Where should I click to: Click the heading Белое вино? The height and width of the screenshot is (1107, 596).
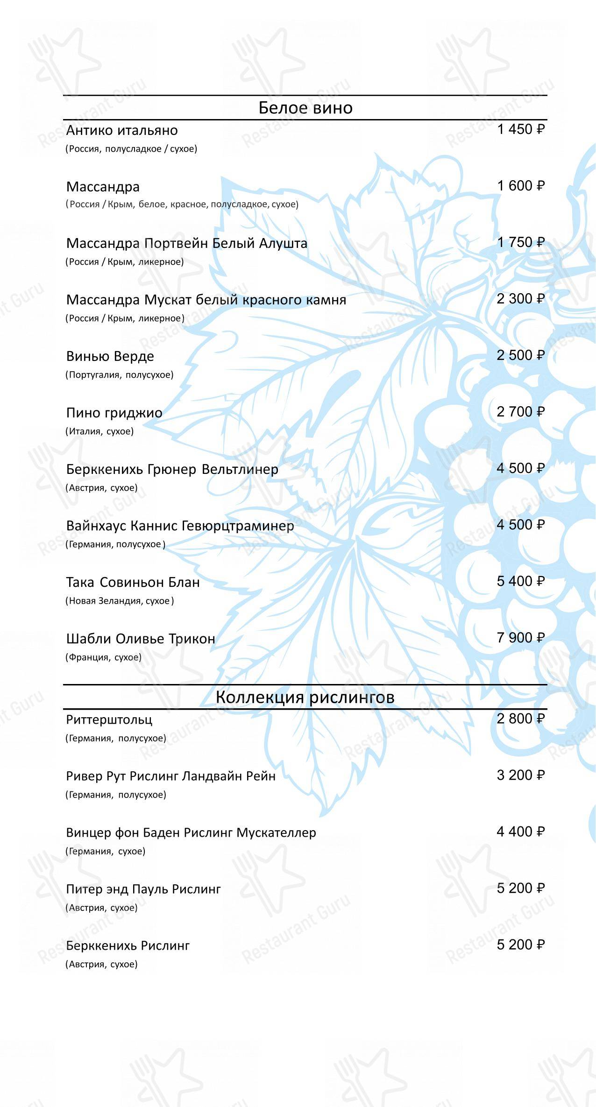pyautogui.click(x=305, y=108)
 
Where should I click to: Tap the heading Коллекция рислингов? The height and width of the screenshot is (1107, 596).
pyautogui.click(x=305, y=697)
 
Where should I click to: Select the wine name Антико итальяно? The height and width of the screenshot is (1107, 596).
pyautogui.click(x=122, y=130)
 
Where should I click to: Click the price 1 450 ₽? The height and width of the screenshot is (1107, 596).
pyautogui.click(x=520, y=129)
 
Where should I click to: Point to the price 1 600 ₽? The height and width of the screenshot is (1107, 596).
pyautogui.click(x=520, y=186)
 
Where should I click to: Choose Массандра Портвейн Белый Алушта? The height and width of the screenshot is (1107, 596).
pyautogui.click(x=187, y=243)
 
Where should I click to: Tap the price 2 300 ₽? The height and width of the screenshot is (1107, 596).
pyautogui.click(x=520, y=299)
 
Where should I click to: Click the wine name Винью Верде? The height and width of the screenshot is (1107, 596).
pyautogui.click(x=110, y=356)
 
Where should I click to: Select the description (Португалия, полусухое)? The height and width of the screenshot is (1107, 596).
pyautogui.click(x=120, y=375)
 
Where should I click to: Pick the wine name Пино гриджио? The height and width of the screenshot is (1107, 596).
pyautogui.click(x=114, y=413)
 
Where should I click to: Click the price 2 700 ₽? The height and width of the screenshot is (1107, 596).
pyautogui.click(x=520, y=412)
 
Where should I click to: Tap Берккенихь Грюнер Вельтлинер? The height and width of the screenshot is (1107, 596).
pyautogui.click(x=172, y=469)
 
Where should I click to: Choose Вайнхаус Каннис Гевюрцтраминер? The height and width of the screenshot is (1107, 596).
pyautogui.click(x=180, y=526)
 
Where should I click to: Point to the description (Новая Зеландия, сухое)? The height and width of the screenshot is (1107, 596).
pyautogui.click(x=120, y=601)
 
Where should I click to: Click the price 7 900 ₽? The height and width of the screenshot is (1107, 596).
pyautogui.click(x=520, y=638)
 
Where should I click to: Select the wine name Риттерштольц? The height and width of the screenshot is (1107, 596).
pyautogui.click(x=109, y=719)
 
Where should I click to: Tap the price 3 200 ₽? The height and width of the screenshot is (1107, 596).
pyautogui.click(x=520, y=775)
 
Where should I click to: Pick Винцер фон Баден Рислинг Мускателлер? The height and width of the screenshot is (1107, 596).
pyautogui.click(x=191, y=832)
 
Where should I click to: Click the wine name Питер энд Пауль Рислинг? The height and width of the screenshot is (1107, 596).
pyautogui.click(x=143, y=889)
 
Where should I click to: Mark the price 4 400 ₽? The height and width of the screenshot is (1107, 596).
pyautogui.click(x=520, y=832)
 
